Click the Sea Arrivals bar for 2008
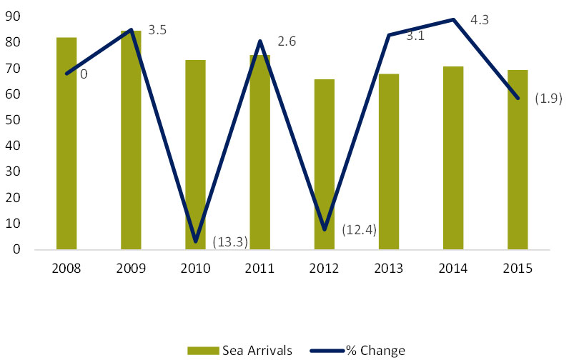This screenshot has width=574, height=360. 66,143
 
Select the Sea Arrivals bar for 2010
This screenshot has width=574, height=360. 195,154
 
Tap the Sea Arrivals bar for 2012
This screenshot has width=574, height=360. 325,164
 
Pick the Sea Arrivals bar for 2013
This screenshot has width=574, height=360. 389,161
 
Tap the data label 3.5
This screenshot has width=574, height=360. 157,31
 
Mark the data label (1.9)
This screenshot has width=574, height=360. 549,99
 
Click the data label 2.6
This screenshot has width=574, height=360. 286,42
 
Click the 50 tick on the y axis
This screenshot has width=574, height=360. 13,120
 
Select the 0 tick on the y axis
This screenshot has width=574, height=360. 16,249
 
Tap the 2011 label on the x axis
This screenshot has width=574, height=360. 260,269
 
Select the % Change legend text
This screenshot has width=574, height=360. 375,350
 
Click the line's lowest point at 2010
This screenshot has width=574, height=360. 196,241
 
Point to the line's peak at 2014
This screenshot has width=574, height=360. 453,19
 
